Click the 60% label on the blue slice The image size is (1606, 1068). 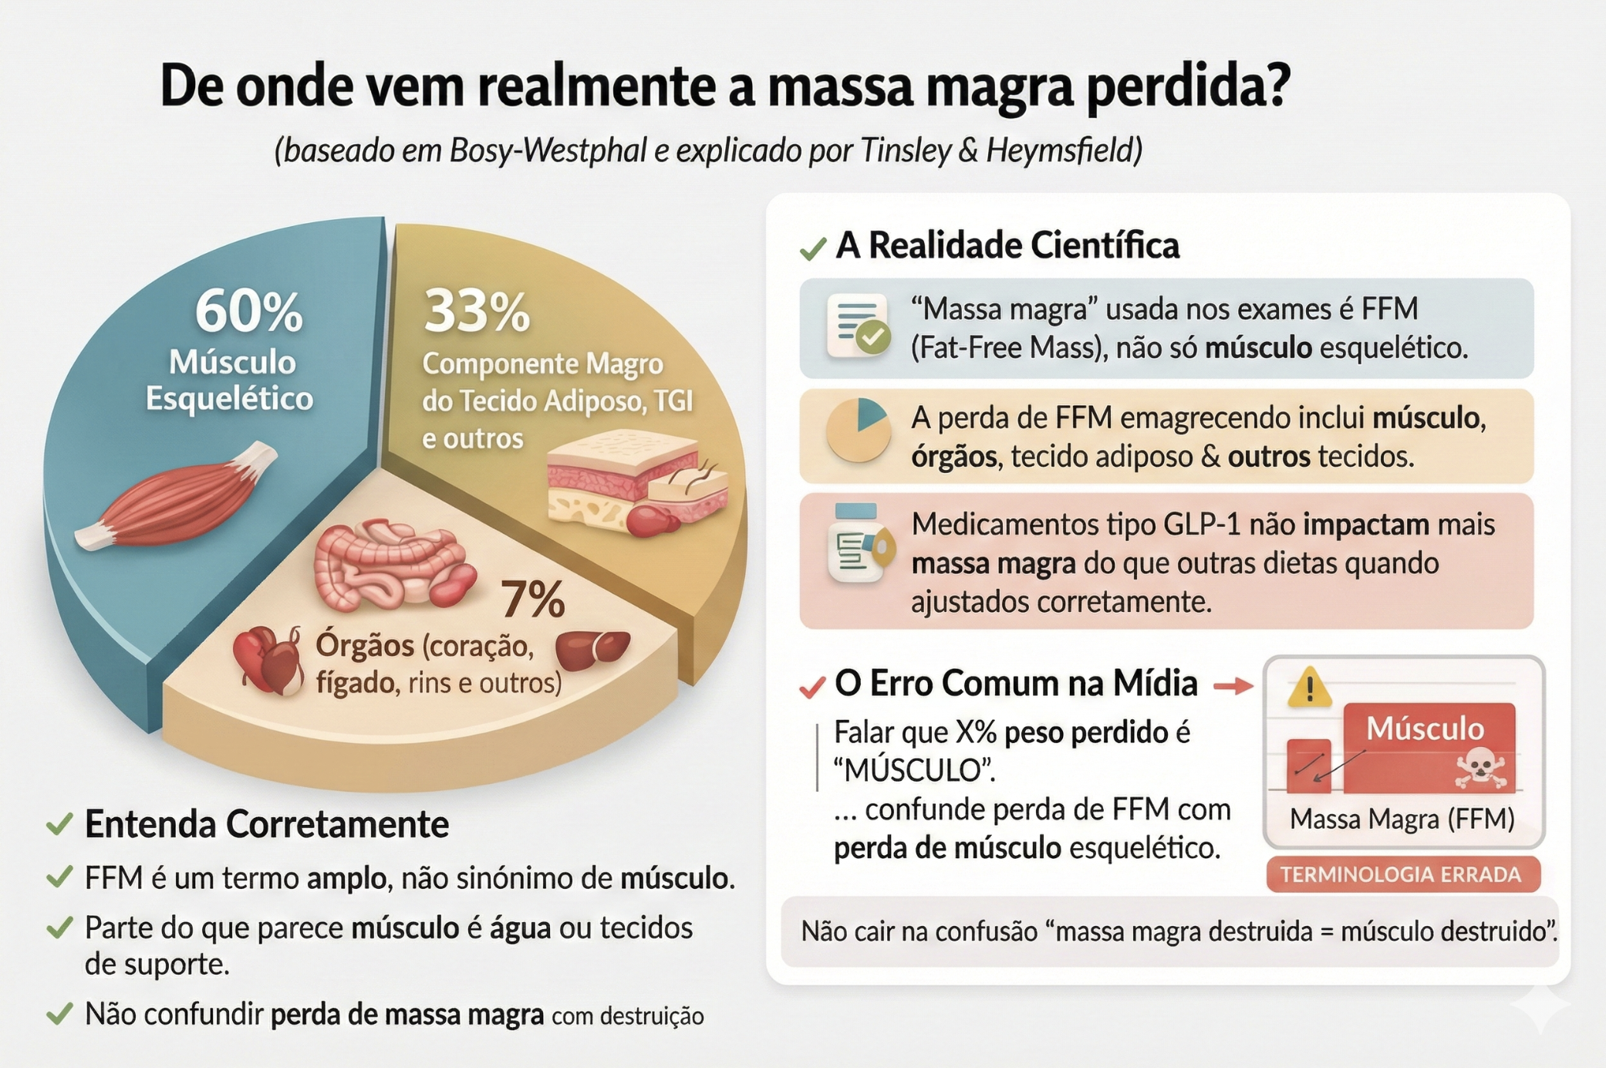click(248, 312)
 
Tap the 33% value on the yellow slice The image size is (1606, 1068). click(477, 312)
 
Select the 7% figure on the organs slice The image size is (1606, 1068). click(533, 599)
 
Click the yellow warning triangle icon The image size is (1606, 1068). click(1309, 688)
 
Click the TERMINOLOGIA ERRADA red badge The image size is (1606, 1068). click(1402, 875)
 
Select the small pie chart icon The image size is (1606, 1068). click(859, 430)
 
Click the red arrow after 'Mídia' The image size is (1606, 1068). click(1233, 685)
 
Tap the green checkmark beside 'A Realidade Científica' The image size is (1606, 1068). click(813, 248)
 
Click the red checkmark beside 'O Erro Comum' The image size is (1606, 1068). click(812, 686)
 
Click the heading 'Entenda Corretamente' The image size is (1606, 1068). click(266, 824)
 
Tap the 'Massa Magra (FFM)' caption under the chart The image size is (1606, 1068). click(1402, 819)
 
